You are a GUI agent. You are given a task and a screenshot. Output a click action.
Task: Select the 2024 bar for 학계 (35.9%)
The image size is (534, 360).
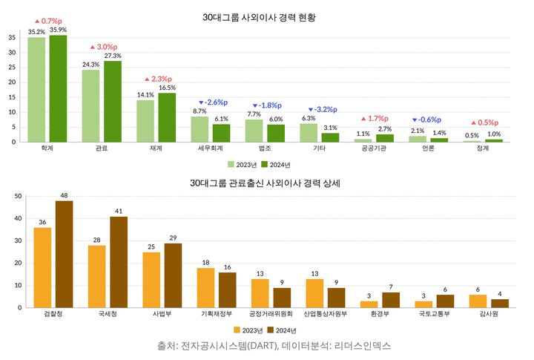point(58,88)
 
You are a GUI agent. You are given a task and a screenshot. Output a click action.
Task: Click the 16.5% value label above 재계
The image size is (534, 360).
point(167,88)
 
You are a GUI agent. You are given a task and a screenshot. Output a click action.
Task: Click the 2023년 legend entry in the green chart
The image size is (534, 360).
point(242,164)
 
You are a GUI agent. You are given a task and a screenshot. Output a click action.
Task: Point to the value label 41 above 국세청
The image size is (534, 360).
point(119,211)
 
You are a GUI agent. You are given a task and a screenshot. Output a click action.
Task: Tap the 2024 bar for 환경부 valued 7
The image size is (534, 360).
point(391,300)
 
